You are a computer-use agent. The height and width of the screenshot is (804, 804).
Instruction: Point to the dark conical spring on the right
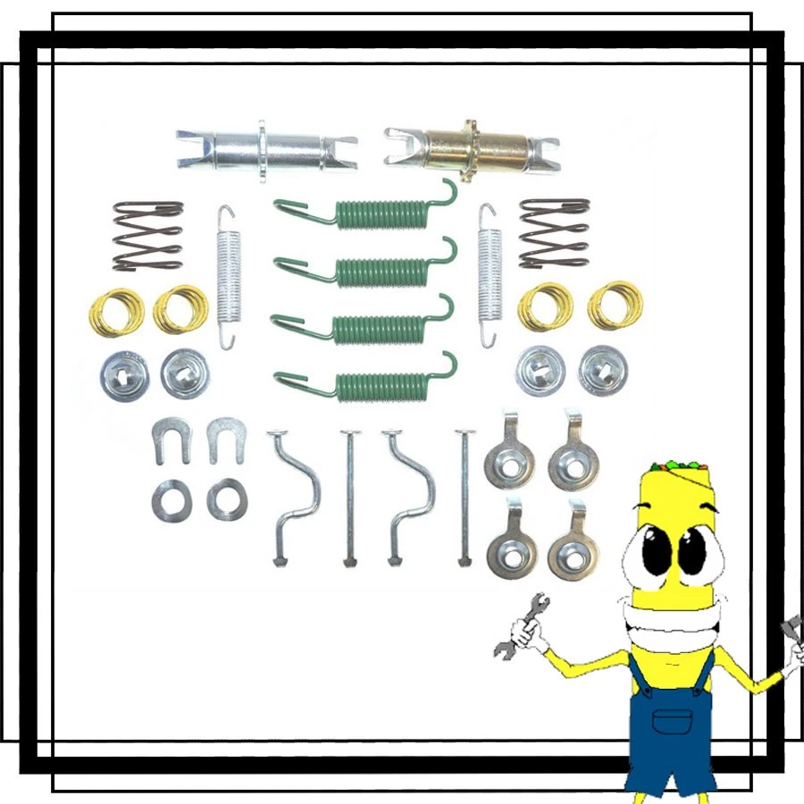click(x=554, y=233)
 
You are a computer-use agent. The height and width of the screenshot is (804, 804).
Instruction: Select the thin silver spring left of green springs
click(x=230, y=276)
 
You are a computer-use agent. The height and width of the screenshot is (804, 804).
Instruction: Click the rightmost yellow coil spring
click(x=614, y=306)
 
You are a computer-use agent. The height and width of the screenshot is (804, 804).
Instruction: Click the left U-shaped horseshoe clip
click(x=169, y=440)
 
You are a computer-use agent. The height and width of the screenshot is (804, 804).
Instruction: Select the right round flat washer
click(x=227, y=498)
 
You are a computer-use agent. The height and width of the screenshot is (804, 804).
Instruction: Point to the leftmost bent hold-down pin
click(x=294, y=496)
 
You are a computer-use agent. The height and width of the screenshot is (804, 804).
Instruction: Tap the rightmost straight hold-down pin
click(x=464, y=496)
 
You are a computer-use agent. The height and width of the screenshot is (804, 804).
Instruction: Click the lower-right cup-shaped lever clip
click(x=573, y=545)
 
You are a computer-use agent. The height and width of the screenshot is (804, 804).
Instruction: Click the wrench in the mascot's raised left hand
click(x=519, y=625)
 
